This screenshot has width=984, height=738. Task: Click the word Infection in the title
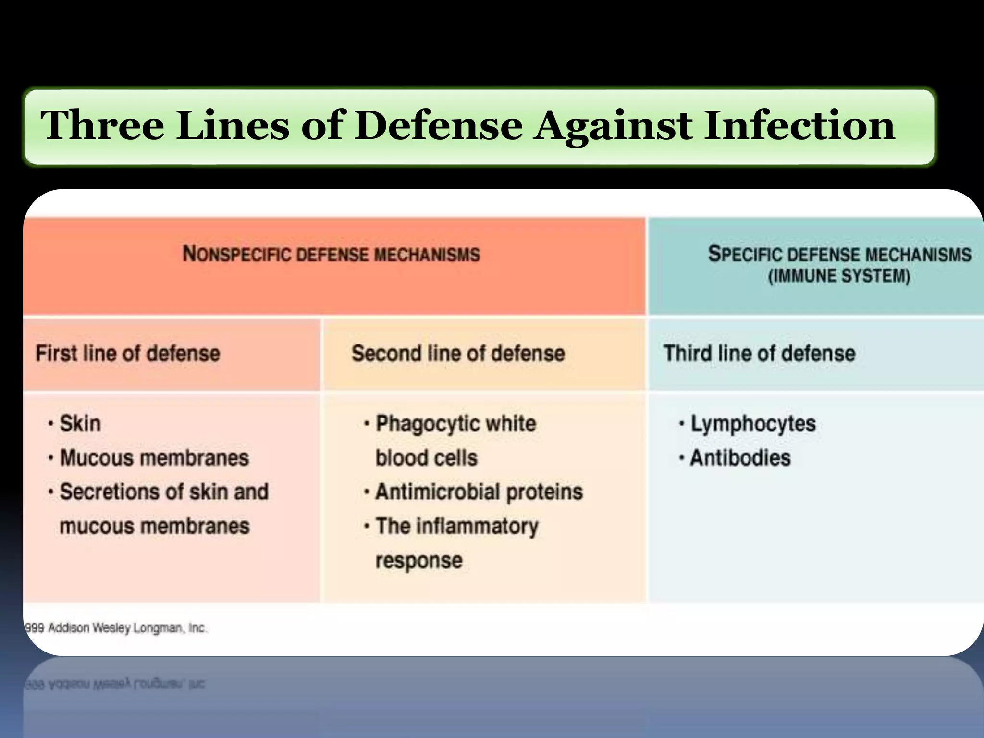tap(799, 126)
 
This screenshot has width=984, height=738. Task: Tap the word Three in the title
tap(102, 126)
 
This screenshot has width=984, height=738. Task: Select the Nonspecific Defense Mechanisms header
tap(331, 254)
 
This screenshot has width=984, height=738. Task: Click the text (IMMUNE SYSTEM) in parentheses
tap(839, 277)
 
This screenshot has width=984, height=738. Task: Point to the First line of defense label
tap(128, 354)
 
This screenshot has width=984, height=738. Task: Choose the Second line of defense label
tap(458, 354)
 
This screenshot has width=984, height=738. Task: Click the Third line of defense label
tap(759, 354)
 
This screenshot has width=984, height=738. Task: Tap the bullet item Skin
tap(80, 424)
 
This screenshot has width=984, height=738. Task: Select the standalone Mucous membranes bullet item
tap(154, 458)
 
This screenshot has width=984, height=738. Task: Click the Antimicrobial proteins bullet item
tap(479, 492)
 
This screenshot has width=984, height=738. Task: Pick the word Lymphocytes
tap(753, 424)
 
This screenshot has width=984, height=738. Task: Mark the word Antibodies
tap(740, 458)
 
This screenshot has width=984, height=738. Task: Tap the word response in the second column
tap(418, 561)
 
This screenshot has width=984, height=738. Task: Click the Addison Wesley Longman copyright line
tap(116, 628)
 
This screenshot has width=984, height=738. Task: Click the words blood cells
tap(426, 458)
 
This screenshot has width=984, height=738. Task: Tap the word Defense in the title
tap(438, 126)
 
